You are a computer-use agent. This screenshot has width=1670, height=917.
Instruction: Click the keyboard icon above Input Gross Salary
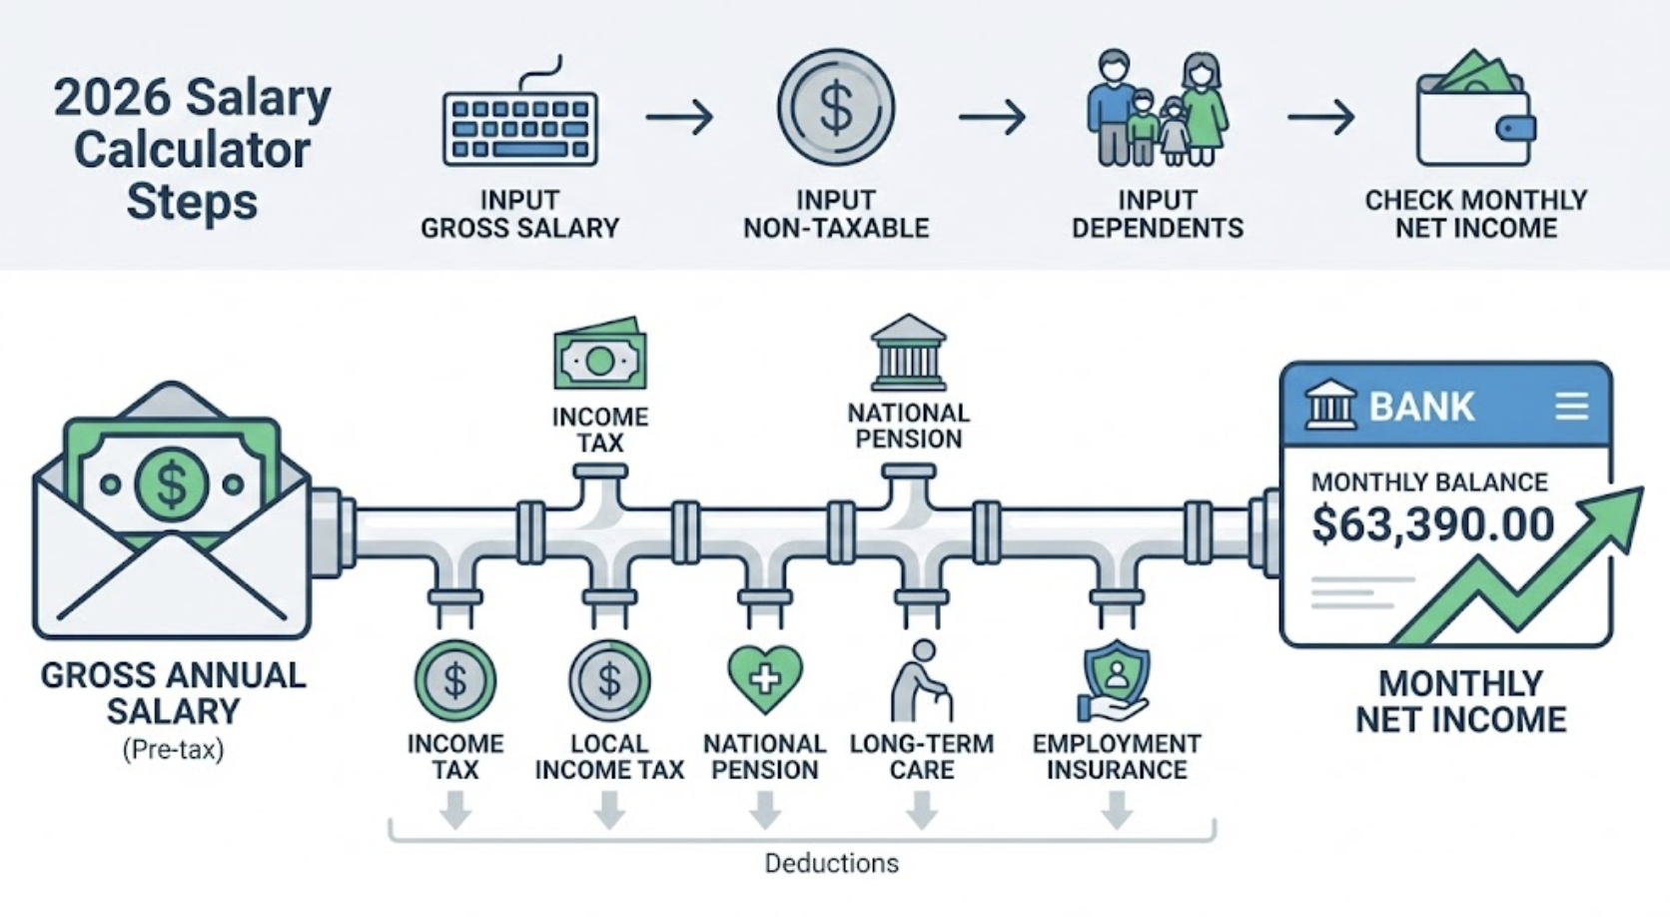(519, 127)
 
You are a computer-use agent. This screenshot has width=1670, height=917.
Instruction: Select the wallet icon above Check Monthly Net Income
(1475, 110)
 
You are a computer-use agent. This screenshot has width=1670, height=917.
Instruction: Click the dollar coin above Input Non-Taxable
(836, 108)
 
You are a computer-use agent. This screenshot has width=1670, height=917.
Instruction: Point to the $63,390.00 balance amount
(1432, 524)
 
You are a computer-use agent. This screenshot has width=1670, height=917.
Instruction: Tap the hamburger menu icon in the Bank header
(1571, 406)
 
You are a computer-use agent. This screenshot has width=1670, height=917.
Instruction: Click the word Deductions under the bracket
(831, 863)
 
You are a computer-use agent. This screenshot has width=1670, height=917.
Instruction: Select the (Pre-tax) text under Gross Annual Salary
(173, 749)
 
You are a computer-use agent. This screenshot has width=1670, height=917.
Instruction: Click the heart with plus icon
(765, 678)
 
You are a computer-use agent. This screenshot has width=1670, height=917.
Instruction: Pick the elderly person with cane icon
(921, 681)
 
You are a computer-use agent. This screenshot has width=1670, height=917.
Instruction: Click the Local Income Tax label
(609, 757)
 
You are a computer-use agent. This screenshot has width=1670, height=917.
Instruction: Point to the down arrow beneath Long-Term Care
(921, 809)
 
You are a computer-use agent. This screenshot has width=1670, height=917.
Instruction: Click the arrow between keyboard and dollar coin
(679, 118)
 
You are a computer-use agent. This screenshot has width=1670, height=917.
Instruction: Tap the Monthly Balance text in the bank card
(1429, 482)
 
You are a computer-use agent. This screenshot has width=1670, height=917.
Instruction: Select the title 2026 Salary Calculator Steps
(192, 150)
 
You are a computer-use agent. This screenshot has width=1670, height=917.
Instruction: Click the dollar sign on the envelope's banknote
(172, 485)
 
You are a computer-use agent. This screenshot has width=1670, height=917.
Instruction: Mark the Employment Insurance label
(1116, 757)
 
